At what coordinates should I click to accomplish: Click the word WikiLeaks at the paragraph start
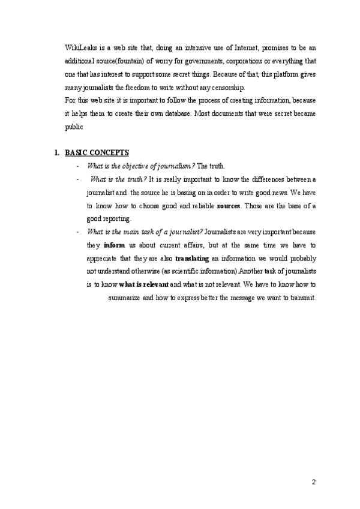79,47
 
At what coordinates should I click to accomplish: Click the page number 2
313,482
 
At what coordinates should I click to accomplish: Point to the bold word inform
114,245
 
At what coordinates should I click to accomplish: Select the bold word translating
191,258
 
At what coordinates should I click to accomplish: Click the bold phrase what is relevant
144,285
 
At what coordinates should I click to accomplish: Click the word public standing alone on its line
74,127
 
